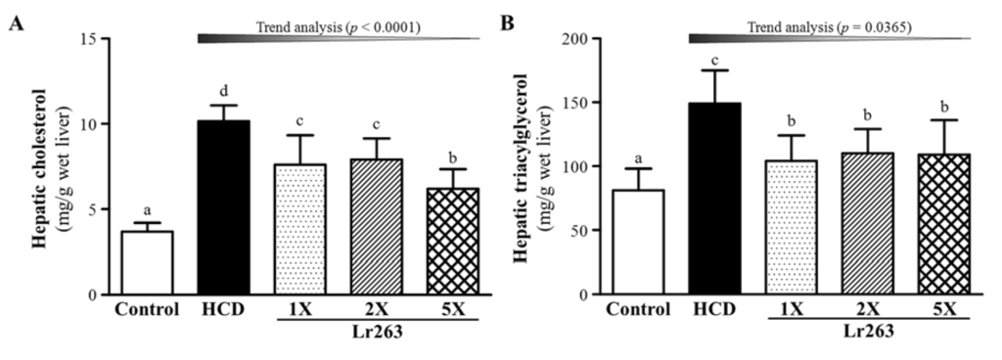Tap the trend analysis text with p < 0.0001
tap(340, 28)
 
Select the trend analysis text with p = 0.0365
tap(831, 28)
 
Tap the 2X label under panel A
tap(301, 313)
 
